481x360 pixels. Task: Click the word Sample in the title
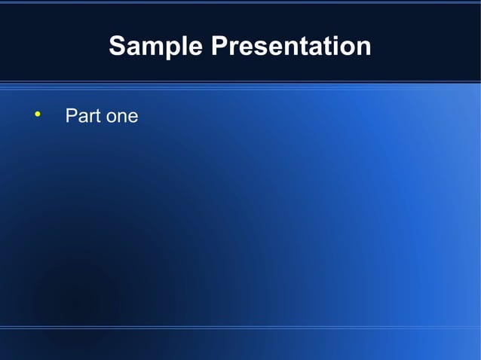(x=156, y=47)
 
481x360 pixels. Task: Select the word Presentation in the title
(x=291, y=47)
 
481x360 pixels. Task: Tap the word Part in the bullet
(x=82, y=117)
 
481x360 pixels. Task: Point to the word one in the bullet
(x=121, y=117)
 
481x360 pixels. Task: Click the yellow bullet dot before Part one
(x=36, y=115)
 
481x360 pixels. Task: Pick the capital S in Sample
(x=118, y=47)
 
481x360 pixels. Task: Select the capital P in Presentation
(x=219, y=47)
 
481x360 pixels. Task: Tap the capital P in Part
(x=71, y=117)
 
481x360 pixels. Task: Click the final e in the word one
(x=133, y=117)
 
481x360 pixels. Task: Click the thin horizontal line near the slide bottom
(x=240, y=328)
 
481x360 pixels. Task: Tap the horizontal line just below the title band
(x=240, y=82)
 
